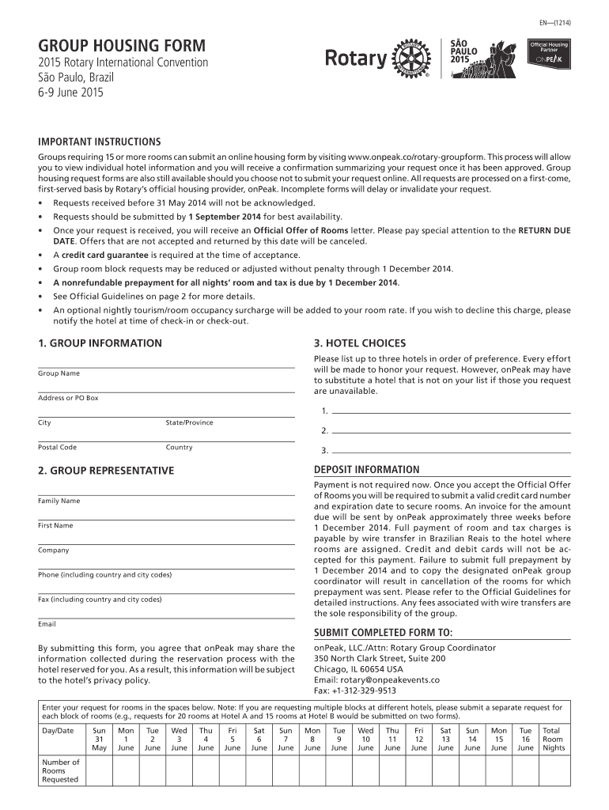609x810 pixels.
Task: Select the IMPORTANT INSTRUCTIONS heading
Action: pos(100,142)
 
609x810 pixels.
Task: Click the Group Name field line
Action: pos(165,366)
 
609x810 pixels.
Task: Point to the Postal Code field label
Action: pos(57,448)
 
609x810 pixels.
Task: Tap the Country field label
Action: pos(179,448)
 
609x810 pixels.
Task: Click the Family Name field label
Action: pos(59,501)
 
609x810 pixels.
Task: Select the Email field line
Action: pos(165,618)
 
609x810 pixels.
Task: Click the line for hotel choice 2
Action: pos(451,432)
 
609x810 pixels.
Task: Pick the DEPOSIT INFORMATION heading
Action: pos(367,470)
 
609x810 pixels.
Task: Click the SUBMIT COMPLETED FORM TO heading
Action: pos(383,633)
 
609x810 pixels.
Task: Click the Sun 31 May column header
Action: pos(100,739)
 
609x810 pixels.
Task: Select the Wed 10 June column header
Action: pos(365,739)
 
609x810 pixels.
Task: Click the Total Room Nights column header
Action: pos(552,739)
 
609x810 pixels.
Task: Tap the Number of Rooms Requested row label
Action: pos(61,770)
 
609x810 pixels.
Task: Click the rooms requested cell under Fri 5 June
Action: pos(233,770)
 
